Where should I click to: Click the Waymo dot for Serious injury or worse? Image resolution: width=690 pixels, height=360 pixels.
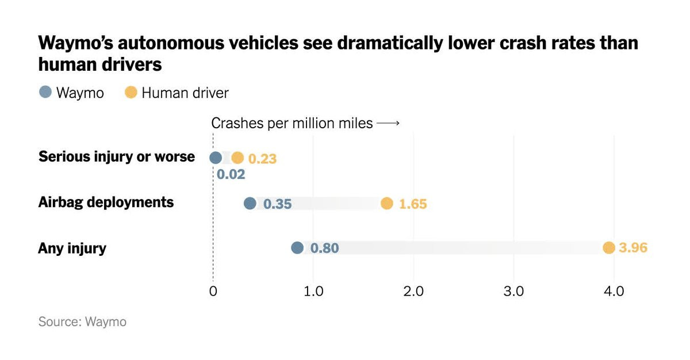(x=216, y=158)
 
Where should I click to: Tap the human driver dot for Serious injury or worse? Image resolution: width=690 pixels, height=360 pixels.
(x=237, y=158)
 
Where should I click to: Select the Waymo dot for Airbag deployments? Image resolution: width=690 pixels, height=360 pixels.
(x=250, y=203)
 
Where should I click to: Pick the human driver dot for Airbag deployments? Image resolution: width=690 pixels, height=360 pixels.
(x=387, y=203)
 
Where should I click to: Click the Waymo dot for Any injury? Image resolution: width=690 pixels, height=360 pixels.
(x=297, y=248)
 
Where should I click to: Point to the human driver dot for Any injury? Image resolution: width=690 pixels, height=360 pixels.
(x=609, y=248)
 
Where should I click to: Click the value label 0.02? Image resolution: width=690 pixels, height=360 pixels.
(x=231, y=174)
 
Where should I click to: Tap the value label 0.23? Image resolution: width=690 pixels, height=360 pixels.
(x=263, y=159)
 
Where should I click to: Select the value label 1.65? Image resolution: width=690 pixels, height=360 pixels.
(x=413, y=204)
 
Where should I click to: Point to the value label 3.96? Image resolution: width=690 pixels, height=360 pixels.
(x=634, y=248)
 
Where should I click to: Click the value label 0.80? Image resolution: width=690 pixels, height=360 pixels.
(x=325, y=248)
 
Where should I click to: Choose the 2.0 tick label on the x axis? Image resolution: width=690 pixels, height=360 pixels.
(x=413, y=291)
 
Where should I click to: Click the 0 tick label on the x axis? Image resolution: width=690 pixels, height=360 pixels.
(x=213, y=291)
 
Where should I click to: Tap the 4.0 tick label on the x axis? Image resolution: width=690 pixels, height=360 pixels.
(x=614, y=291)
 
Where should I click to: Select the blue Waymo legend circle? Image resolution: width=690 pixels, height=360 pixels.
(x=45, y=92)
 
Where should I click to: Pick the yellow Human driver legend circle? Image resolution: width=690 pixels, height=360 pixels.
(x=131, y=92)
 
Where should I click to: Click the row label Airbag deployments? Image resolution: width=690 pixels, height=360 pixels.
(x=106, y=202)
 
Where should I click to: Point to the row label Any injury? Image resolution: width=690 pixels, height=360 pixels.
(x=72, y=248)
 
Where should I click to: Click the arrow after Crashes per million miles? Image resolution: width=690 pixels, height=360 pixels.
(x=388, y=124)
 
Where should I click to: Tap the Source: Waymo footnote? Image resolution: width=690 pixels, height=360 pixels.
(x=82, y=322)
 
